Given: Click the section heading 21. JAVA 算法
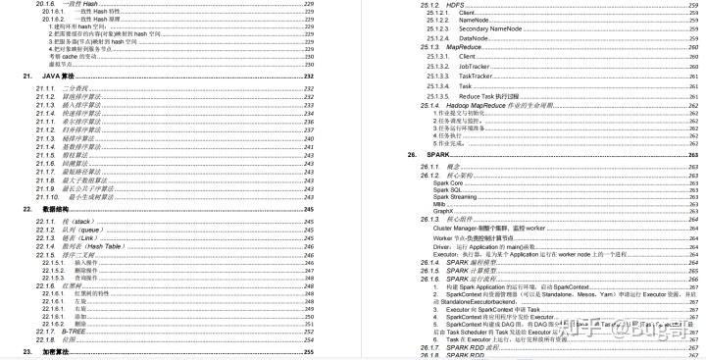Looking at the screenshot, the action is (x=60, y=76).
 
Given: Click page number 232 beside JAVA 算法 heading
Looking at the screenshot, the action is (x=308, y=76).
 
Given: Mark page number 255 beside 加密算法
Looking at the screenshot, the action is (x=308, y=351).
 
